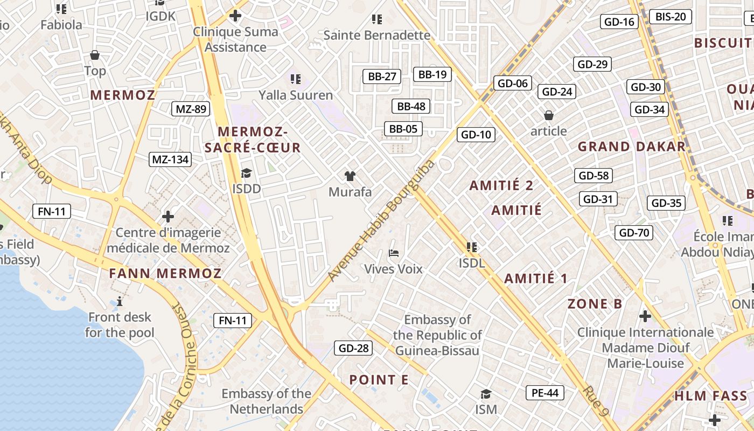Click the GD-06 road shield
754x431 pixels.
click(x=512, y=83)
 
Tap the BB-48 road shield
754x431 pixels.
click(x=411, y=106)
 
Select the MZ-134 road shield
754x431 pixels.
click(x=170, y=159)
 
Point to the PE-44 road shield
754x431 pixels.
click(x=545, y=393)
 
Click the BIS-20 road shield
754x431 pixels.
click(x=671, y=17)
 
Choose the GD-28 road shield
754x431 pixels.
click(x=353, y=348)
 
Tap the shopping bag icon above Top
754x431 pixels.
click(x=95, y=55)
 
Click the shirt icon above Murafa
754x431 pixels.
click(x=350, y=176)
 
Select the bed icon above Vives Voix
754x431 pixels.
click(x=394, y=253)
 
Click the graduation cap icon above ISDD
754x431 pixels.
click(x=246, y=173)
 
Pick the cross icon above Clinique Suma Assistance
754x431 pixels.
click(x=235, y=16)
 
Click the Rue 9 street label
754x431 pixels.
click(x=596, y=401)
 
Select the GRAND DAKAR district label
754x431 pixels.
click(x=631, y=147)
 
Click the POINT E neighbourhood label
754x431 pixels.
click(x=379, y=380)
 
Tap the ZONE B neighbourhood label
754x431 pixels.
click(x=595, y=303)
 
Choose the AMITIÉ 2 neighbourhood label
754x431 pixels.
click(x=501, y=186)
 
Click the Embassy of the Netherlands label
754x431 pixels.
click(x=267, y=401)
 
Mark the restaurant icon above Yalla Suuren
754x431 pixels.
click(x=295, y=79)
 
